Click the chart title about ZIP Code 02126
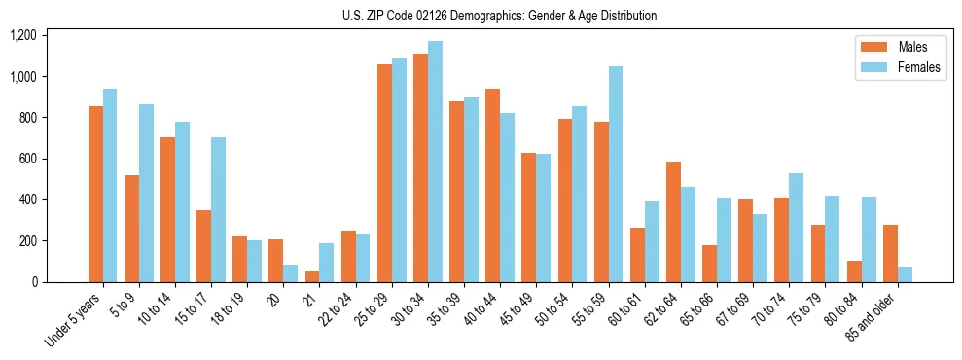[x=500, y=16]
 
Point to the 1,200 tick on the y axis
[x=23, y=35]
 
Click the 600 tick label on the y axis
[x=27, y=159]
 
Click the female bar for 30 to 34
[x=435, y=162]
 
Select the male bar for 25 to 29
[x=384, y=173]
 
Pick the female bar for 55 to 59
[x=615, y=174]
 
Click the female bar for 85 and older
[x=905, y=274]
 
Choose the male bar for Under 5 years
[x=95, y=195]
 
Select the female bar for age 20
[x=291, y=273]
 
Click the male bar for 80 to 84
[x=854, y=271]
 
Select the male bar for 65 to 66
[x=709, y=264]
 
